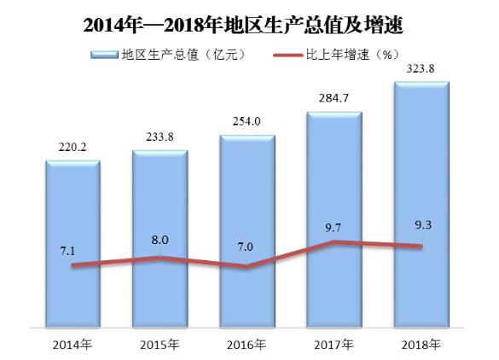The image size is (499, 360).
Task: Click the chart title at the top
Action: click(248, 23)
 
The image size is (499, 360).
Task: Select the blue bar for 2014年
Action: click(73, 213)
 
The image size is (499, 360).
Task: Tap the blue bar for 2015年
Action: click(160, 213)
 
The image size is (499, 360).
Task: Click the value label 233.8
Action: click(160, 136)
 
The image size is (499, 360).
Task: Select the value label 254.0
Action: click(247, 120)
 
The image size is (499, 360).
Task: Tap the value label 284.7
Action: click(334, 96)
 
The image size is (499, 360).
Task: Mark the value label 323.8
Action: click(422, 68)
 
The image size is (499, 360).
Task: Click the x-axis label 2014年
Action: click(73, 345)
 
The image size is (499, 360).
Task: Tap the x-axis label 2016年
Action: click(247, 345)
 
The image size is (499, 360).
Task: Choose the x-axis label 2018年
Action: click(422, 345)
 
